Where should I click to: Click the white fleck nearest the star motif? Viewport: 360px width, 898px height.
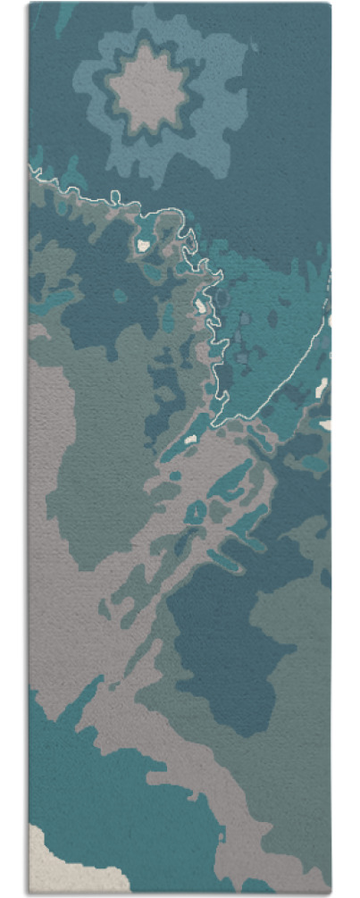pos(143,243)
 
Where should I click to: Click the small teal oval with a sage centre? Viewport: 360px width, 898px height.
pos(196,512)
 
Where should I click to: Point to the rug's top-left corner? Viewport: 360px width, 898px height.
pos(29,4)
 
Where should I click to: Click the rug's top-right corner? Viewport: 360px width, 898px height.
pos(330,4)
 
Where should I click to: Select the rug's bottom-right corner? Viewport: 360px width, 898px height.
pos(331,892)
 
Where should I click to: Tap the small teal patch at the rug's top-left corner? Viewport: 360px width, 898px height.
pos(63,18)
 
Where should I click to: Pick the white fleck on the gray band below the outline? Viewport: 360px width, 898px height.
pos(188,439)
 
